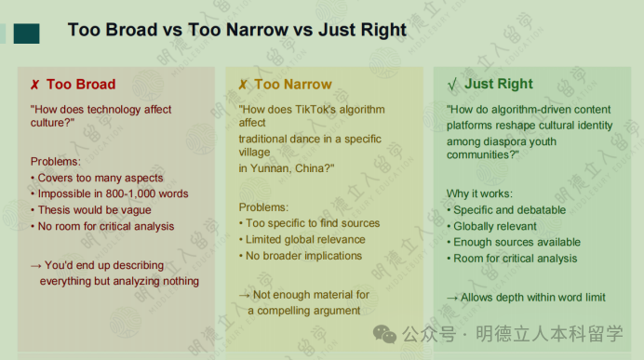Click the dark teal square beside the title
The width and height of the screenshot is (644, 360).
coord(26,33)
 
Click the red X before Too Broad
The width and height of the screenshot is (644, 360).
coord(35,85)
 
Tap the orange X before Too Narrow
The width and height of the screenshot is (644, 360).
coord(243,85)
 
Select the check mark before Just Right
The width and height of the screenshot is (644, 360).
coord(451,85)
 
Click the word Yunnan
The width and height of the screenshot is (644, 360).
coord(269,168)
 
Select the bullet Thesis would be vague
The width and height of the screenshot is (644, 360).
coord(91,210)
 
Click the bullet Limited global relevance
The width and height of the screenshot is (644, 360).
coord(302,240)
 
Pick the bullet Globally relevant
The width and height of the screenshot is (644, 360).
coord(491,227)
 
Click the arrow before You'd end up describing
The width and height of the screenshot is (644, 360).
coord(35,266)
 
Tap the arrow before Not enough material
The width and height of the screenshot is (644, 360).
coord(245,295)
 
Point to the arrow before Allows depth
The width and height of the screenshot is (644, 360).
coord(452,298)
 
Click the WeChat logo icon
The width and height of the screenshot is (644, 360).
coord(384,334)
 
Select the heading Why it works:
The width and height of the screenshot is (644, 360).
coord(479,193)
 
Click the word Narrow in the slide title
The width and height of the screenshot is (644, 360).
coord(257,30)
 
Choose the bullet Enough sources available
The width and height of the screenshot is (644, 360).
coord(514,243)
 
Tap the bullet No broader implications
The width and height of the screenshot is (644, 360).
coord(301,256)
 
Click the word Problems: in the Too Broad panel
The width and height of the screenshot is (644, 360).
coord(56,162)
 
